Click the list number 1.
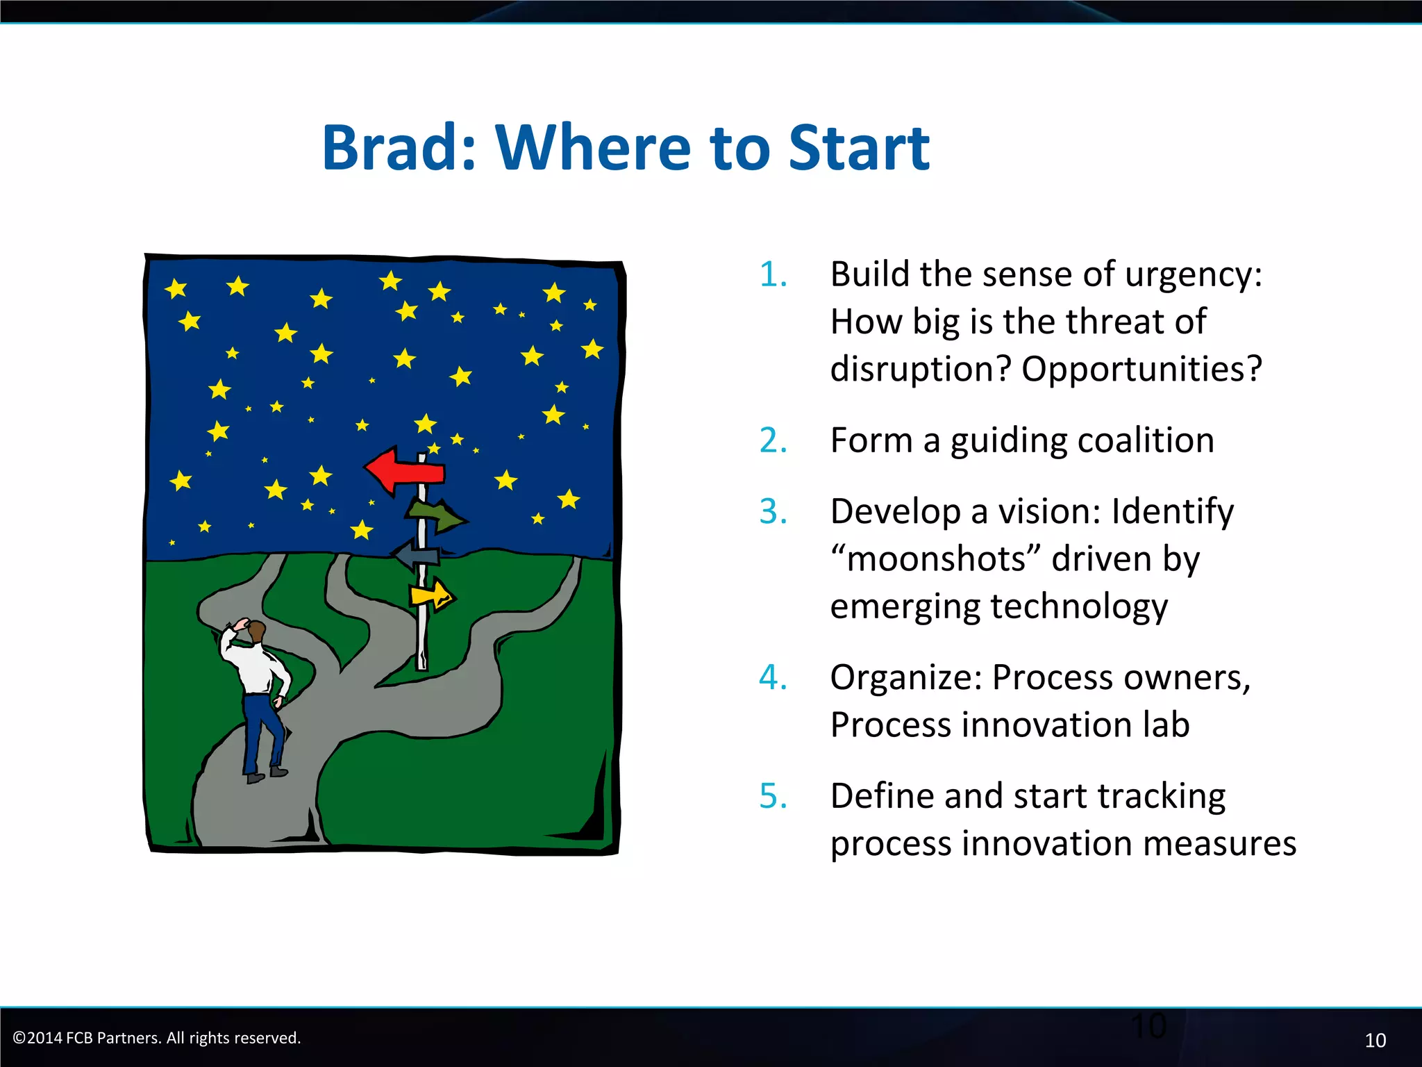pyautogui.click(x=773, y=274)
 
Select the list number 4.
pyautogui.click(x=773, y=677)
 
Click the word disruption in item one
pyautogui.click(x=919, y=369)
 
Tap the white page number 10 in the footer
pyautogui.click(x=1375, y=1040)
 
